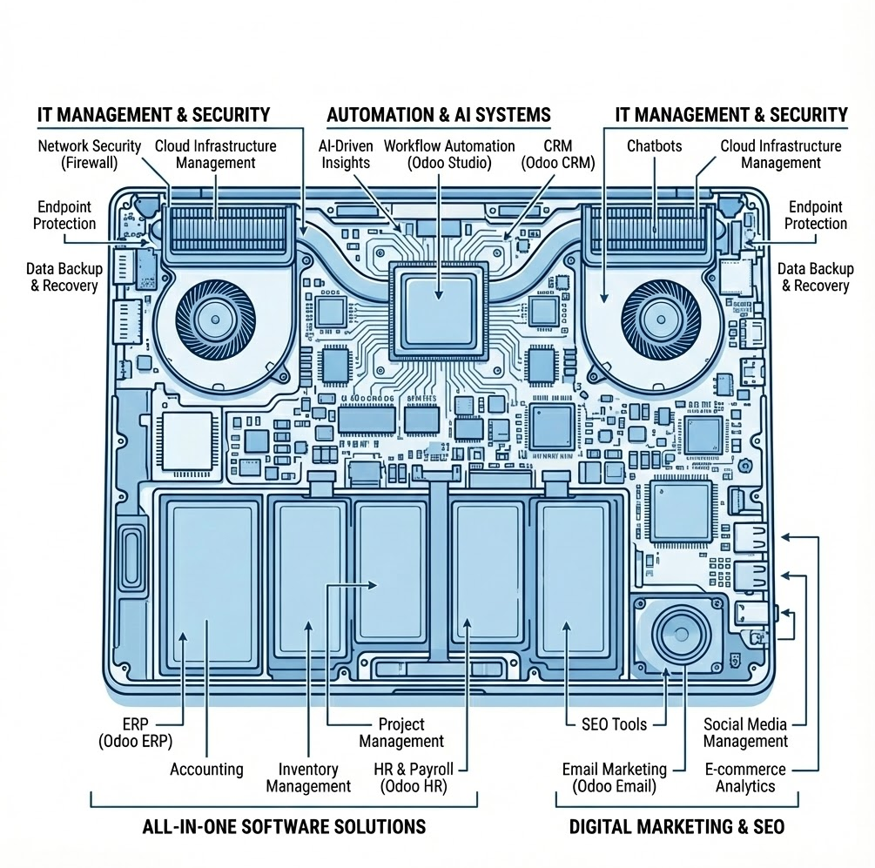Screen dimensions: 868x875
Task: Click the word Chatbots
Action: coord(654,146)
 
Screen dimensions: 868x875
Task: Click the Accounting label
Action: coord(206,769)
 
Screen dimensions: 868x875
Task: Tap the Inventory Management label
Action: coord(308,777)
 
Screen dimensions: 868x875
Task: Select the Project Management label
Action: coord(401,732)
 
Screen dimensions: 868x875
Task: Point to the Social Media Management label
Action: coord(744,732)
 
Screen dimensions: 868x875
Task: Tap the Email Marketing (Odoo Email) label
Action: coord(614,777)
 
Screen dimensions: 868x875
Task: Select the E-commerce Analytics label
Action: coord(744,777)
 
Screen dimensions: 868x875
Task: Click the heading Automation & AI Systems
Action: coord(438,115)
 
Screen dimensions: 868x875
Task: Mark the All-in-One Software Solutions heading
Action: coord(284,826)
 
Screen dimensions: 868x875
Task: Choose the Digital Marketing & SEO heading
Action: coord(676,826)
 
